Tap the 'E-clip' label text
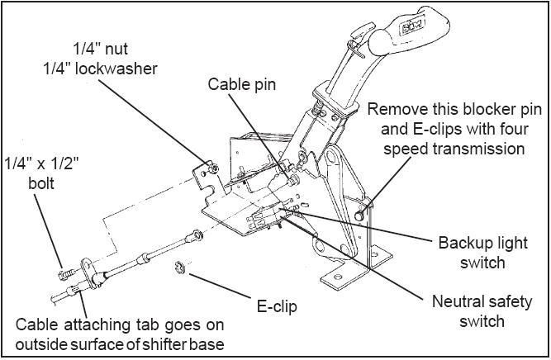[275, 307]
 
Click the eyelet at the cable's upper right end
[196, 237]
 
